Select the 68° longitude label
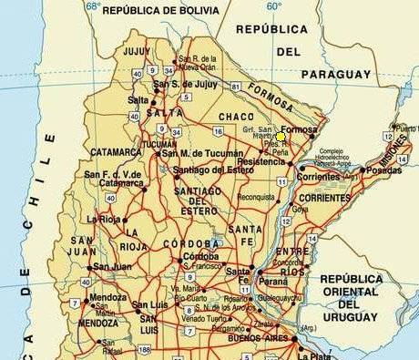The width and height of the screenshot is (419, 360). coord(93,5)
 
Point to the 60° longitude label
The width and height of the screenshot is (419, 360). coord(274,5)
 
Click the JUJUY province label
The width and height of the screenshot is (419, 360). coord(135,51)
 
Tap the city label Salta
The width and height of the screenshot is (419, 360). coord(138,99)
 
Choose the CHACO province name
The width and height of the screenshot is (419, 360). coord(237,117)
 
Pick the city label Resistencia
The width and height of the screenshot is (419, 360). coord(261,160)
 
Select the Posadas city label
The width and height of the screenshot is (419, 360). coord(383,170)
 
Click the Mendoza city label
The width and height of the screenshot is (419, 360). coord(107,296)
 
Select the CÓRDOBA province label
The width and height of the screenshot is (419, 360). coord(191,244)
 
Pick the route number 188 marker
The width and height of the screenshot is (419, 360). coord(144,349)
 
